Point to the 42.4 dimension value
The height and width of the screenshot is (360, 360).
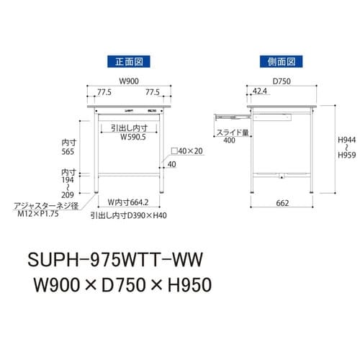tap(261, 92)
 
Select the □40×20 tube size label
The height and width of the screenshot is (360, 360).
tap(186, 152)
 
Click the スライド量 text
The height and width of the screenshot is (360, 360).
tap(231, 132)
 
